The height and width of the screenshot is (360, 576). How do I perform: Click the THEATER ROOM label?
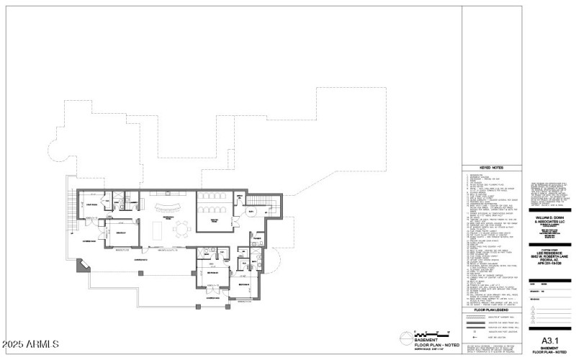point(214,219)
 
